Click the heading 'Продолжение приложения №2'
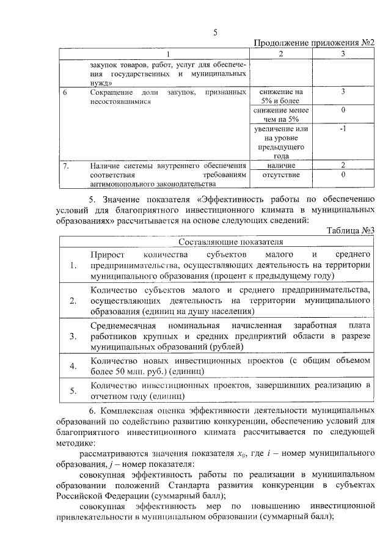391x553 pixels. (313, 43)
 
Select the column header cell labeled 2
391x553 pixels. (280, 54)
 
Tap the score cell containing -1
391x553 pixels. (343, 130)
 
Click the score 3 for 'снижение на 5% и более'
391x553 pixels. (343, 92)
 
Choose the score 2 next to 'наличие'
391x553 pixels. (343, 166)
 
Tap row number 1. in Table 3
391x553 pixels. (73, 265)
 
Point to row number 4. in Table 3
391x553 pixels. (73, 366)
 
